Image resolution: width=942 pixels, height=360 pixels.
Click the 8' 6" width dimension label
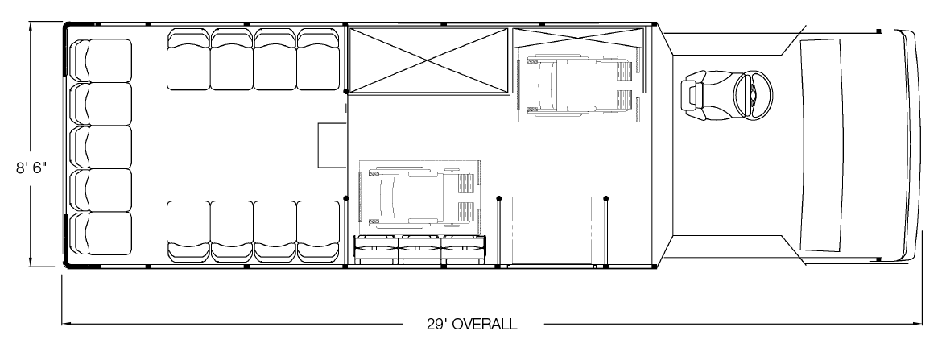[31, 168]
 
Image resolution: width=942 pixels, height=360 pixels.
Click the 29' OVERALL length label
[472, 325]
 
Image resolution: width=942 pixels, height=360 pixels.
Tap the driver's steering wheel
[753, 95]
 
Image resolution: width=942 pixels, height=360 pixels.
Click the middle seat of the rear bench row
[101, 147]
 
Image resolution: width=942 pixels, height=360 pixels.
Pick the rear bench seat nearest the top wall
[101, 60]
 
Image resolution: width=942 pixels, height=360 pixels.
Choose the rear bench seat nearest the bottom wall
[101, 234]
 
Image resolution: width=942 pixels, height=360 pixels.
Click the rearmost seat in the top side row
[188, 60]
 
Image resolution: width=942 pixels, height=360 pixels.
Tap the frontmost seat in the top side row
[318, 60]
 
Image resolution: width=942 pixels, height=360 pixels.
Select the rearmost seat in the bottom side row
[188, 231]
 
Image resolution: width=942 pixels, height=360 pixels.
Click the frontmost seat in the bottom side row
[318, 231]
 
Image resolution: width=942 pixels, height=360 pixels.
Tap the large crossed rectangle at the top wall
[429, 60]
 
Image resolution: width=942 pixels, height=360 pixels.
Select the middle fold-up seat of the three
[420, 250]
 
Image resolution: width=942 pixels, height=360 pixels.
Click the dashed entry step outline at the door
[552, 230]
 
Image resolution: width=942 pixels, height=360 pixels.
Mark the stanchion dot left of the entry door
[498, 198]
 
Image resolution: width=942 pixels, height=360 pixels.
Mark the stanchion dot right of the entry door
[605, 198]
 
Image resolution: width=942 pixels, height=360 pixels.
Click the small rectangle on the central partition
[333, 145]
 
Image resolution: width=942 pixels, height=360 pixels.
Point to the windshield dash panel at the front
[820, 145]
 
